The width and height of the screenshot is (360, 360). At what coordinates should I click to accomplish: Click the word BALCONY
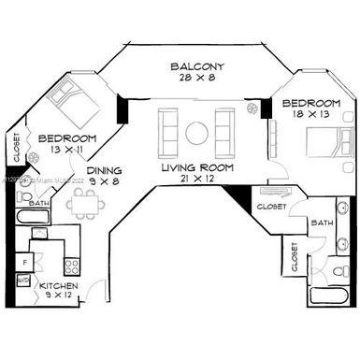(x=196, y=67)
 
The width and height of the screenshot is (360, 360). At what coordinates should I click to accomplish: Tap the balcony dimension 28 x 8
(x=196, y=79)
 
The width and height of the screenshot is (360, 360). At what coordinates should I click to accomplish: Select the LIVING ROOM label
(x=196, y=167)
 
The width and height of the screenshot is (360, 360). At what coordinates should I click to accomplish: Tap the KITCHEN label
(x=57, y=285)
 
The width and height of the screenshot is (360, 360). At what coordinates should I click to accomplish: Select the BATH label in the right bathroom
(x=323, y=223)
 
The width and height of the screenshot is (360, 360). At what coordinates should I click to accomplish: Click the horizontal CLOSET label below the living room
(x=270, y=206)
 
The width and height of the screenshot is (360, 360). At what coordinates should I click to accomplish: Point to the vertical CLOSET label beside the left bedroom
(x=17, y=148)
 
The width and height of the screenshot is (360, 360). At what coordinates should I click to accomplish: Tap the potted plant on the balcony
(x=252, y=108)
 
